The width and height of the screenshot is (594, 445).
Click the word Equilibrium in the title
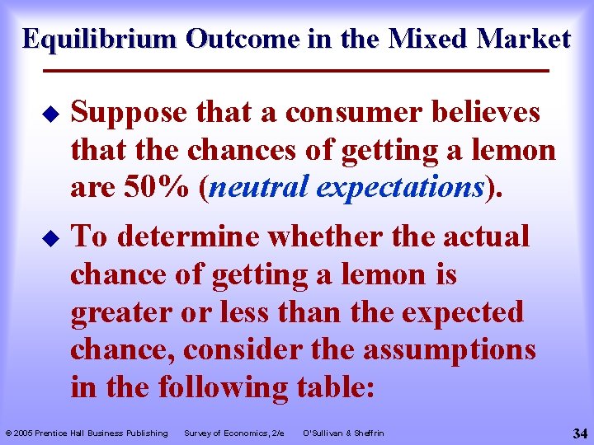(x=101, y=39)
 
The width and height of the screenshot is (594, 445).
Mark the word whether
(x=329, y=237)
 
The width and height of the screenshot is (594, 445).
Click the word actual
(x=486, y=237)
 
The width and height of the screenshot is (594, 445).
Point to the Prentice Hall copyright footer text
(x=87, y=433)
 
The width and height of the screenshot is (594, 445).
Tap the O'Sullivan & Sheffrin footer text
(x=343, y=433)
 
